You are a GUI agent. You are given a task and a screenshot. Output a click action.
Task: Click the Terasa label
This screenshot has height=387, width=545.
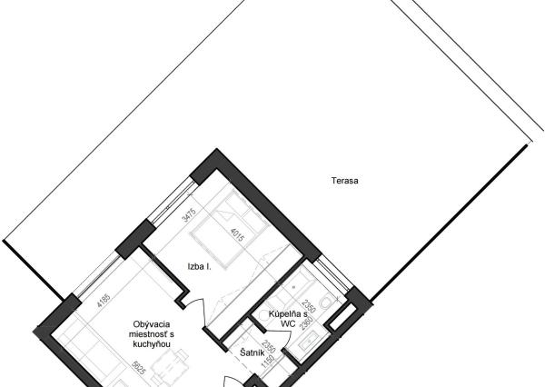344,181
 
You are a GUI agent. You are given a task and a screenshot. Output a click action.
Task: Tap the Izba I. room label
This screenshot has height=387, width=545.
199,267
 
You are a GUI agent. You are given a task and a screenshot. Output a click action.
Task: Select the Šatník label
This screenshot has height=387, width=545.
253,352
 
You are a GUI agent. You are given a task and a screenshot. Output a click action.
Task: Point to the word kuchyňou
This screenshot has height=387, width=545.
152,344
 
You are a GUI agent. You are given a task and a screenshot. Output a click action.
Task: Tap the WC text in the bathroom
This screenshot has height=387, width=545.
288,324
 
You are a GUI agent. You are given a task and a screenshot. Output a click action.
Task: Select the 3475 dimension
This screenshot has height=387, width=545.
190,215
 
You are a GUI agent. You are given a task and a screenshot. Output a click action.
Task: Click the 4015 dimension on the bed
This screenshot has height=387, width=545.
238,235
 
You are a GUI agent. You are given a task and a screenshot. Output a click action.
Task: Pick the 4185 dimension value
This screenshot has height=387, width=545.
104,301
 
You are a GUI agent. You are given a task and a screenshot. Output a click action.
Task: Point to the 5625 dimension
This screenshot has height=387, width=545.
138,368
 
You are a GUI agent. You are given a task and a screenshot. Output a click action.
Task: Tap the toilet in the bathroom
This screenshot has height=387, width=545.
327,301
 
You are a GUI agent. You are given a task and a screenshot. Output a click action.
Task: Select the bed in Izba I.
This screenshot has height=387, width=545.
230,230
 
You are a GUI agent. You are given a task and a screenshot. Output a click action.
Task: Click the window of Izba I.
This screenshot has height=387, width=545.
171,201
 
